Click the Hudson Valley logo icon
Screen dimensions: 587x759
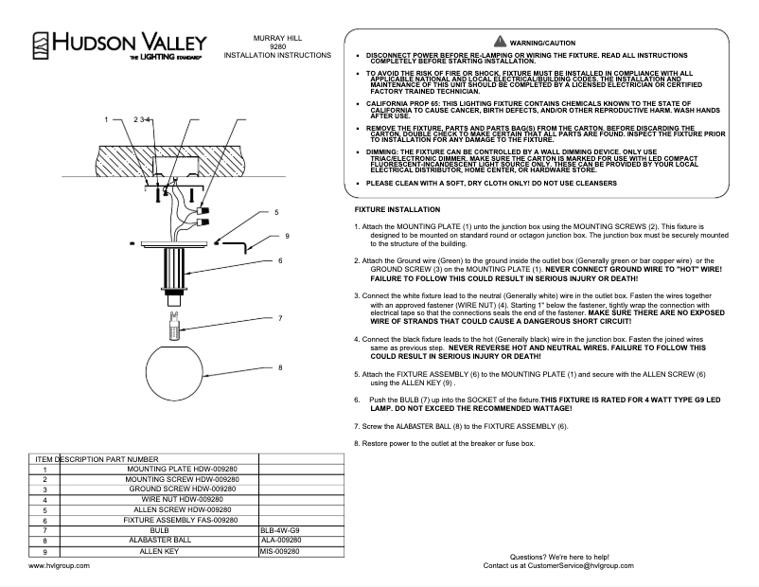point(42,44)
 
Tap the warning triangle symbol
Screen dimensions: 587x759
point(500,43)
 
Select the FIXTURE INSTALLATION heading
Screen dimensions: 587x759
point(397,208)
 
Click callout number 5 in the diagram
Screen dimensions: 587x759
point(276,213)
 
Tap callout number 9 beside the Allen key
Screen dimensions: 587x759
point(286,235)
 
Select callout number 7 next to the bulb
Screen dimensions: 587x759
point(281,317)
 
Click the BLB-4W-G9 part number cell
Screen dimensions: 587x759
point(283,530)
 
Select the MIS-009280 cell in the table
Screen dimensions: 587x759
point(283,550)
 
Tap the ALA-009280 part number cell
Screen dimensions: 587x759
point(283,540)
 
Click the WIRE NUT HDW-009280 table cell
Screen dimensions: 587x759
point(182,499)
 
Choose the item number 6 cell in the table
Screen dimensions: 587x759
point(44,520)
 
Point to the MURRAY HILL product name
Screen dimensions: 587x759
point(277,37)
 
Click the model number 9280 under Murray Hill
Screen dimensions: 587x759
point(277,46)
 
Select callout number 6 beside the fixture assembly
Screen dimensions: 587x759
point(281,259)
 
